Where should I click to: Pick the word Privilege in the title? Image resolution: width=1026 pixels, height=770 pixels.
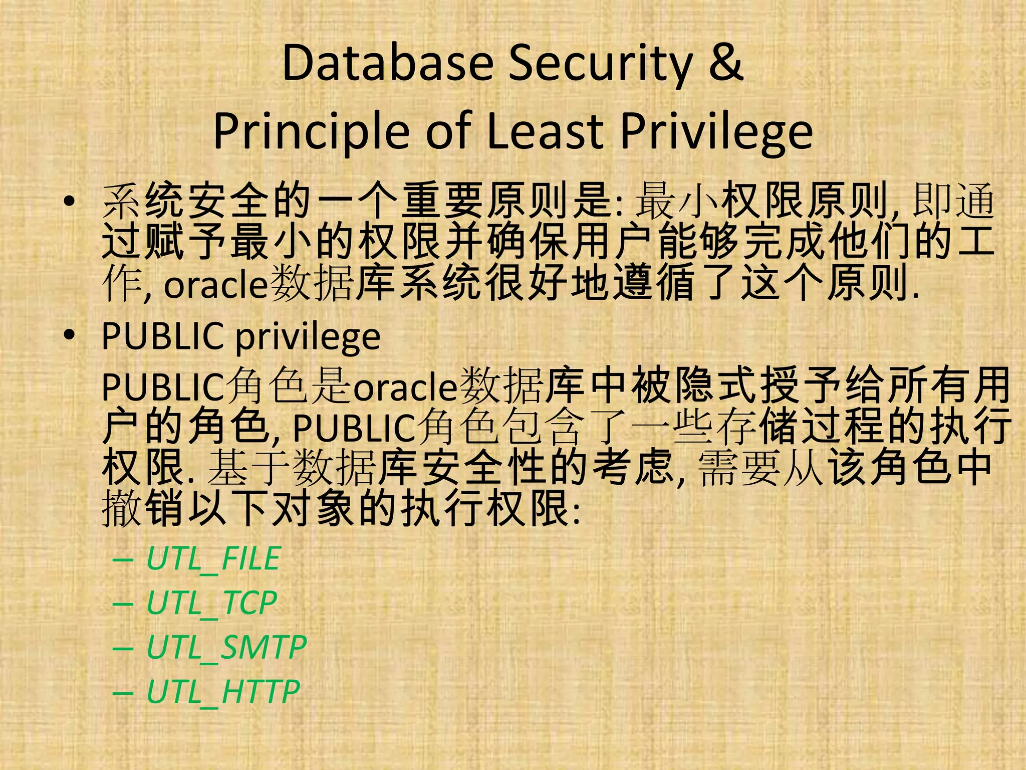(x=716, y=131)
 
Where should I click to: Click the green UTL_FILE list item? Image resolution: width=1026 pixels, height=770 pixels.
(x=213, y=558)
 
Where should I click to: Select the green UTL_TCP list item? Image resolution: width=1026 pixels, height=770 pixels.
(x=211, y=603)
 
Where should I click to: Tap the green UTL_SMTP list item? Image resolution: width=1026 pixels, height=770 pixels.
(x=226, y=647)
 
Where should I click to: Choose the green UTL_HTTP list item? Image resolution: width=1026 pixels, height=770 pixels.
(x=223, y=691)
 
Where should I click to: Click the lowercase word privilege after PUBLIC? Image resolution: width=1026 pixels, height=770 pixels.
(x=308, y=337)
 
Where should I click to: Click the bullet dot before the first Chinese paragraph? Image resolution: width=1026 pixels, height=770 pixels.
(x=70, y=202)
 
